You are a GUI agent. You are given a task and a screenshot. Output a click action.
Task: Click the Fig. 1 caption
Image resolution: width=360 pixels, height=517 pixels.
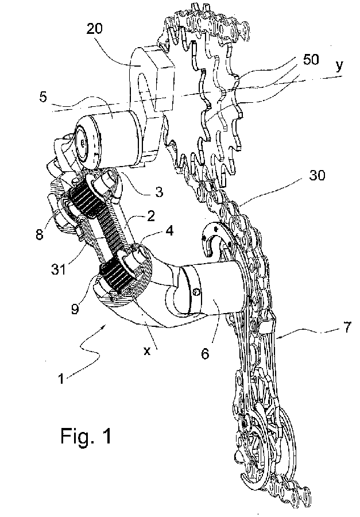(x=85, y=435)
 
